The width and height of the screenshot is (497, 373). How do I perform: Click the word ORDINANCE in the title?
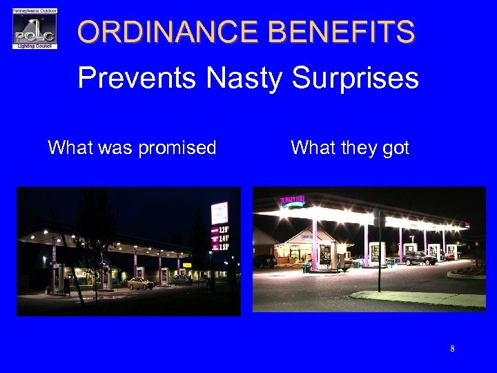[166, 32]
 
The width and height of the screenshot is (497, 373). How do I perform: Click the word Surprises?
[355, 79]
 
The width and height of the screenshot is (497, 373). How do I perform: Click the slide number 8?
[452, 349]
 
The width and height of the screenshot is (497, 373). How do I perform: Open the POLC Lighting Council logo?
[35, 28]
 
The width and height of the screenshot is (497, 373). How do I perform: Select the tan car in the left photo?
[140, 283]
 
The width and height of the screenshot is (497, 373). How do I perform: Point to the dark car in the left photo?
[182, 280]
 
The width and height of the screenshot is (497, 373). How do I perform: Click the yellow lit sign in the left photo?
[186, 265]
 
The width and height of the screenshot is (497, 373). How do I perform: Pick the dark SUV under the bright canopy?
[418, 258]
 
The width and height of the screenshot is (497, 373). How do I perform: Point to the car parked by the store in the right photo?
[264, 261]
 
